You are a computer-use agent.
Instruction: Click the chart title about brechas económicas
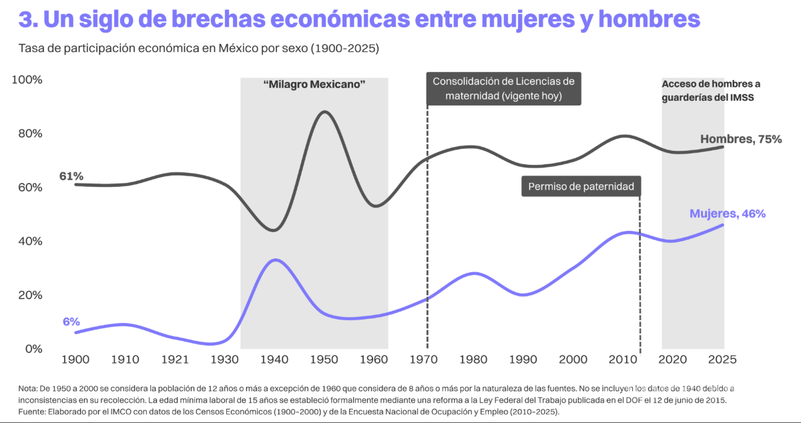point(359,19)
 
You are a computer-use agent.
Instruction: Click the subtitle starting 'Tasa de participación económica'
point(199,49)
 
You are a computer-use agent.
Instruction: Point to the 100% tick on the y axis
point(27,80)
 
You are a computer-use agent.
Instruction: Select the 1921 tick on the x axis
point(175,360)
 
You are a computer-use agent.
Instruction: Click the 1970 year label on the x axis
point(425,360)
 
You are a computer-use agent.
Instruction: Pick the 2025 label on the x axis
point(721,360)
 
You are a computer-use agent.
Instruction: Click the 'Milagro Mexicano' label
point(314,85)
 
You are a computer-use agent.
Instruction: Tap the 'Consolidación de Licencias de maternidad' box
point(503,89)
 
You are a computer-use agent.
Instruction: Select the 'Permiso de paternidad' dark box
point(581,187)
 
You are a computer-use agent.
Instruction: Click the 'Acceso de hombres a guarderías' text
point(712,90)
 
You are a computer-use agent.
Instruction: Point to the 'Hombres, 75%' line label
point(741,139)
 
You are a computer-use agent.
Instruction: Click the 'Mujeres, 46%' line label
point(727,214)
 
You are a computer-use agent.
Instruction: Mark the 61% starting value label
point(71,176)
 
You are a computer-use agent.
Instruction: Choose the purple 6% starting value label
point(71,322)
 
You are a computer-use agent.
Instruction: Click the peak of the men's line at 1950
point(325,112)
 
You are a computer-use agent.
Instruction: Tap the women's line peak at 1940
point(274,260)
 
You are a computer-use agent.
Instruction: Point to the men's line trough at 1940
point(274,230)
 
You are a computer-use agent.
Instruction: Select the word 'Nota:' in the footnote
point(29,388)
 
